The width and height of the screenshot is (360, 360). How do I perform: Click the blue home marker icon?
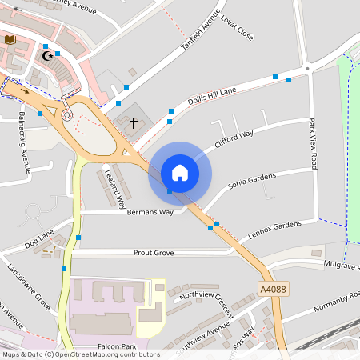180,173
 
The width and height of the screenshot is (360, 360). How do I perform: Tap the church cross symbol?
134,123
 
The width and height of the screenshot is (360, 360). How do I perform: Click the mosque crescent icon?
48,56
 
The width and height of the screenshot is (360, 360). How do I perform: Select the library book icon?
10,39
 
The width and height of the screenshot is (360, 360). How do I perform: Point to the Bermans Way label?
150,212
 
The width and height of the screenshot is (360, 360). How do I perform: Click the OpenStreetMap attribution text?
80,354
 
